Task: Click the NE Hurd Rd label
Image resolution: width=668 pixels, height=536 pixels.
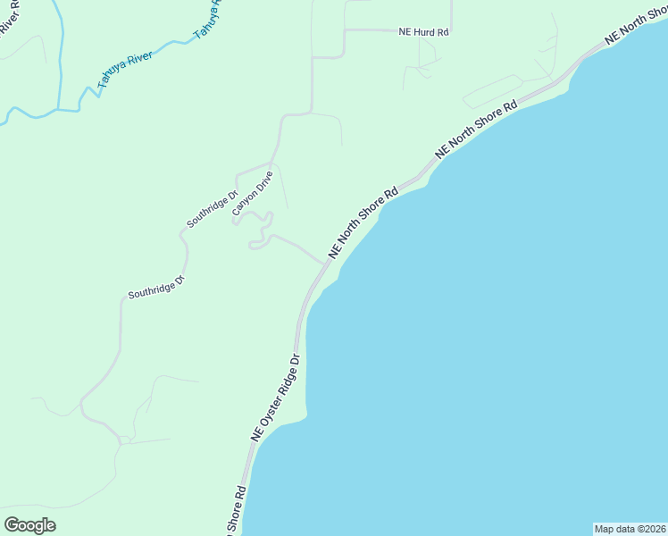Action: (x=423, y=32)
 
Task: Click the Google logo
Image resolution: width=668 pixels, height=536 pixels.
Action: (x=29, y=525)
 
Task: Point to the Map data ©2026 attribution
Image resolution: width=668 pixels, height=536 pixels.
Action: (x=630, y=529)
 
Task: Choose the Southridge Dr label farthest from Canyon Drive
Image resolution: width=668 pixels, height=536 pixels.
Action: (x=155, y=287)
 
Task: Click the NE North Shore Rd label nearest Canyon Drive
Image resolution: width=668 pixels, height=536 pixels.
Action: (x=363, y=223)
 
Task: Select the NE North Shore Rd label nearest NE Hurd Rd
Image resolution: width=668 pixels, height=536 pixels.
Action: (x=477, y=130)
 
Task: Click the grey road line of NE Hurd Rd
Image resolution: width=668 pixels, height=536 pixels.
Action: (x=375, y=29)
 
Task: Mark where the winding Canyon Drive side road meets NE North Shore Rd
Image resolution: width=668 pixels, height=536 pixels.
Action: (x=322, y=264)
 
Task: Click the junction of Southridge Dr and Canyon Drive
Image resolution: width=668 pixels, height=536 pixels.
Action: (x=271, y=164)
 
